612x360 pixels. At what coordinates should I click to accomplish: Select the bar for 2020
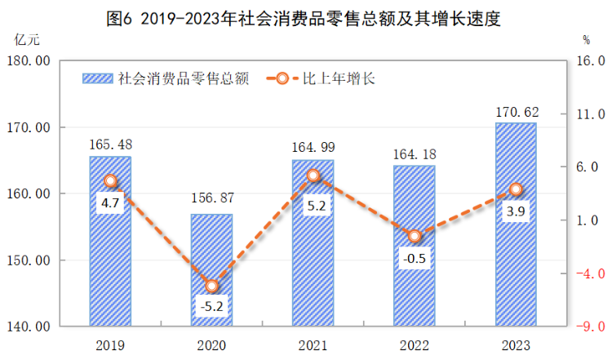click(x=212, y=270)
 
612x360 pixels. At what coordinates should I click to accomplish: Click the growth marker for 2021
click(x=313, y=176)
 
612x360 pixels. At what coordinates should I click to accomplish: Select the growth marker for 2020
click(x=212, y=286)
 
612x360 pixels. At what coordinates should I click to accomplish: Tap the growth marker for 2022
click(x=415, y=236)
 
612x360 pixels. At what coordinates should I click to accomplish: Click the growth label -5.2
click(x=212, y=309)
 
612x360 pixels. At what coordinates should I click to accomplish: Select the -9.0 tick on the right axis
click(x=590, y=327)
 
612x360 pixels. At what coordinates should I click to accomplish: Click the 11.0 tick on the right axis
click(x=590, y=114)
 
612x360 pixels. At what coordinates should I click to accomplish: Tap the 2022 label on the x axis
click(x=415, y=344)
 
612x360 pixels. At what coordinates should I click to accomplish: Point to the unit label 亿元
click(x=26, y=39)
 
